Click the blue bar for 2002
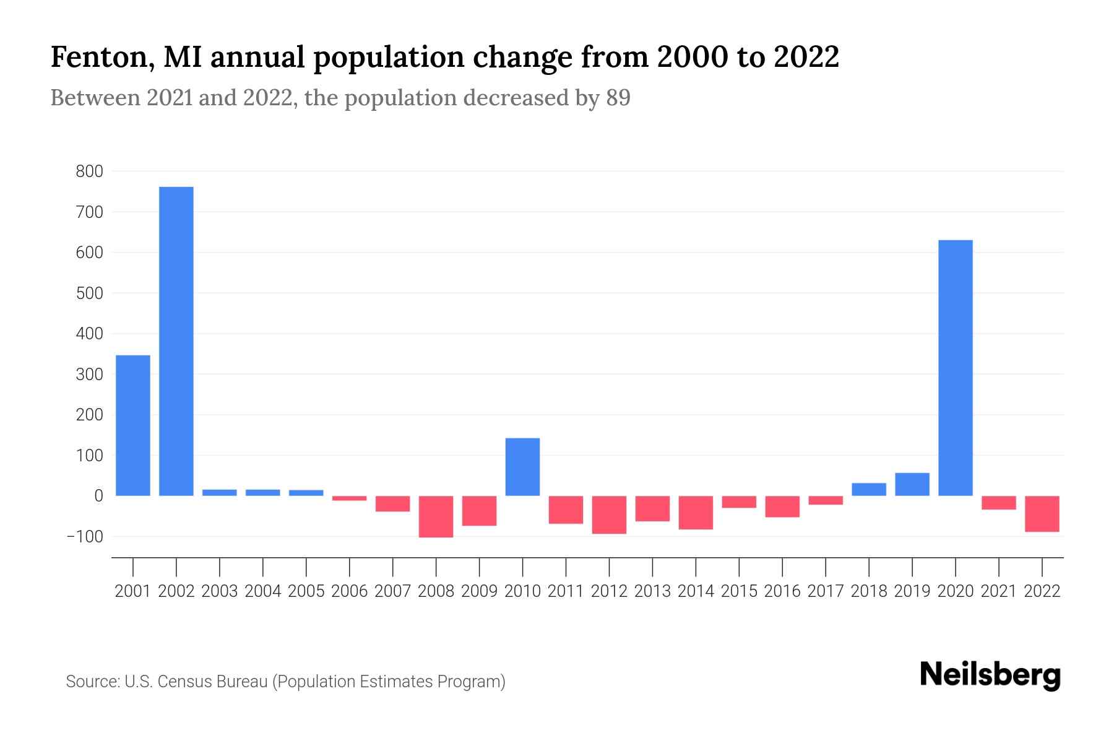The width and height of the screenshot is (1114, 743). pos(176,341)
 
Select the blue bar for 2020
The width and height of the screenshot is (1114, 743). pos(956,368)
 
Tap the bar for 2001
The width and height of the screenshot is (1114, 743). pos(133,425)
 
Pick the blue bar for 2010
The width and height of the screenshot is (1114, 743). pos(523,467)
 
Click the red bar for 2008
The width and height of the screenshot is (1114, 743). pos(436,516)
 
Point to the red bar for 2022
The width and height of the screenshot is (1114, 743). pos(1042,514)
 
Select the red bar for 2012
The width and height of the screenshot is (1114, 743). pos(610,515)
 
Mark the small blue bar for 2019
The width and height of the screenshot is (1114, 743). pos(912,484)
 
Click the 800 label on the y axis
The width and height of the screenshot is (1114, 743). pos(89,172)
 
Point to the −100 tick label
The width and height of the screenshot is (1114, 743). pos(85,536)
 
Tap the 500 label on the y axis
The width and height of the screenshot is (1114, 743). pos(89,293)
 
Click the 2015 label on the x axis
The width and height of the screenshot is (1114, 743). pos(739,591)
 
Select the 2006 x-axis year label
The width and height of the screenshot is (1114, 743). pos(350,591)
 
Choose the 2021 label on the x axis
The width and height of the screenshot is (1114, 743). pos(999,591)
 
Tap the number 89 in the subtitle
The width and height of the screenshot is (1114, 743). pos(618,98)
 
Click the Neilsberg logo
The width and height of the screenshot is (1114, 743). pos(990,676)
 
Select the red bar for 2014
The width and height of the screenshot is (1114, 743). pos(696,513)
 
